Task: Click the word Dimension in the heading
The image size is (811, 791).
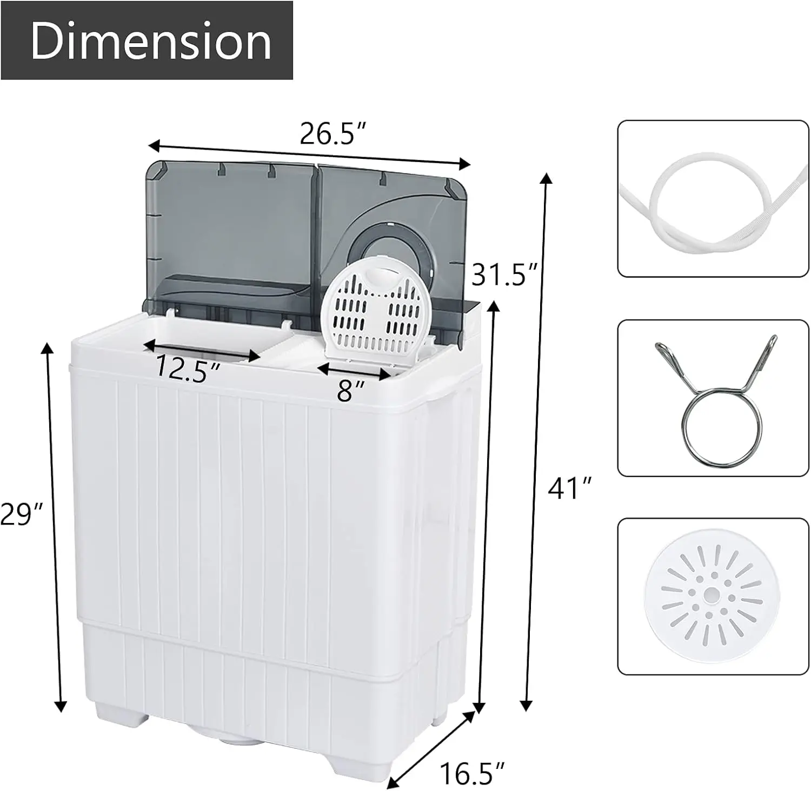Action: pyautogui.click(x=150, y=42)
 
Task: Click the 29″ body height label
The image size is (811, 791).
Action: pyautogui.click(x=21, y=513)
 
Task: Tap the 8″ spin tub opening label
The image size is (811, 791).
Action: pyautogui.click(x=351, y=390)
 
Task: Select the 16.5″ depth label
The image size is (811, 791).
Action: pyautogui.click(x=472, y=773)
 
